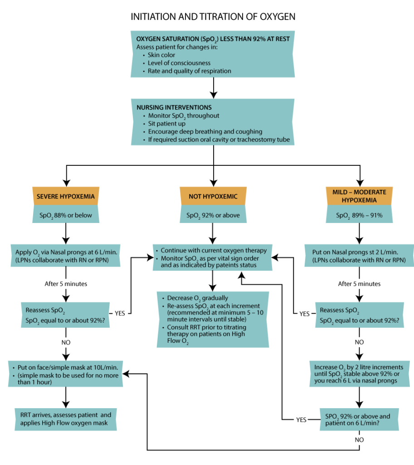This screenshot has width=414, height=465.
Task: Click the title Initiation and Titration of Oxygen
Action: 213,17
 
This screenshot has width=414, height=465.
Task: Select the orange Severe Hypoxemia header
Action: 66,196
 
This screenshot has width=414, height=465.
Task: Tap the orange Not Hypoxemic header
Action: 213,196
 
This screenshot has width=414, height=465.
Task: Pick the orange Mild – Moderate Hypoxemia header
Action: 359,196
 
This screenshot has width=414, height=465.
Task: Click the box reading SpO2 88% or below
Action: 66,214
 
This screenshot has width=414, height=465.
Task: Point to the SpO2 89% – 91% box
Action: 359,214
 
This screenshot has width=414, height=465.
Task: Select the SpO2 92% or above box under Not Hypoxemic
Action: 213,214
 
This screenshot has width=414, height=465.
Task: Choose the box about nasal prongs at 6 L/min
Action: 66,256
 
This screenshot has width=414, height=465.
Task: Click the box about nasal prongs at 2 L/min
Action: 359,256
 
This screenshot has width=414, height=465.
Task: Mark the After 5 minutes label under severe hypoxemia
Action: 66,284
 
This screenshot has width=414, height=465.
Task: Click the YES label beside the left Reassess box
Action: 120,313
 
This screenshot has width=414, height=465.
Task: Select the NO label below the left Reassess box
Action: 66,342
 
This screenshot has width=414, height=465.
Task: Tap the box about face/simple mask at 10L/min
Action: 66,374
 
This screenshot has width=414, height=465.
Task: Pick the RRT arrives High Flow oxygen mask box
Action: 66,419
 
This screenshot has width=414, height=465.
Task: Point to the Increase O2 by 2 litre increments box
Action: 360,374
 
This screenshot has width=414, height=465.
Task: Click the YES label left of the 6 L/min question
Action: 301,420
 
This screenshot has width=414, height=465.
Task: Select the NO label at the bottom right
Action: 359,440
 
